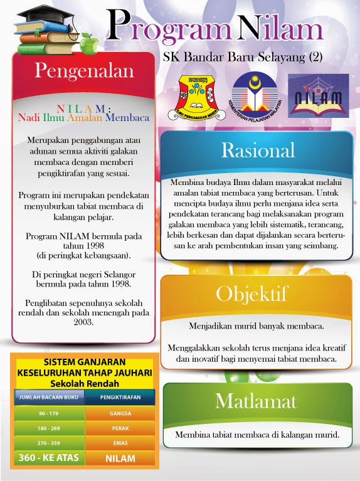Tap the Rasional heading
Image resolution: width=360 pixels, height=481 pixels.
[x=258, y=151]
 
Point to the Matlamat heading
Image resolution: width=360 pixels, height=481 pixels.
[x=255, y=401]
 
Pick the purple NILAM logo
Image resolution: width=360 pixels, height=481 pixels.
[x=318, y=95]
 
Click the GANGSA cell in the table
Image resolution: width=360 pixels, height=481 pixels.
[x=119, y=414]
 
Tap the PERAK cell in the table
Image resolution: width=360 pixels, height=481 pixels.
[x=119, y=428]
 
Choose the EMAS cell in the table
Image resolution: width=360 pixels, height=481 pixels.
[x=119, y=443]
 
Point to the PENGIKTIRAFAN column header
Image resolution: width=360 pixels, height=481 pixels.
[x=119, y=397]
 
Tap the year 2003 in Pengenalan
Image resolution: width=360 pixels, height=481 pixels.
[x=82, y=322]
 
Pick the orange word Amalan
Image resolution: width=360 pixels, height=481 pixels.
[x=85, y=117]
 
